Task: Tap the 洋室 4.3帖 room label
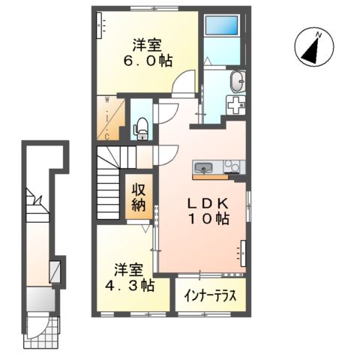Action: [x=135, y=277]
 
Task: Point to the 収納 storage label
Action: [x=140, y=196]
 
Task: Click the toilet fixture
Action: [x=140, y=130]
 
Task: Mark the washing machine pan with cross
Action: [x=235, y=106]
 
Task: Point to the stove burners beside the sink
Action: [x=229, y=166]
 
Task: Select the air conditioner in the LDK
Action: [x=243, y=253]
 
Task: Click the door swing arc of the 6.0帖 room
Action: [x=182, y=80]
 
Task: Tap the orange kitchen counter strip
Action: [x=214, y=177]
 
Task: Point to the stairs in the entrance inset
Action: [x=34, y=207]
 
